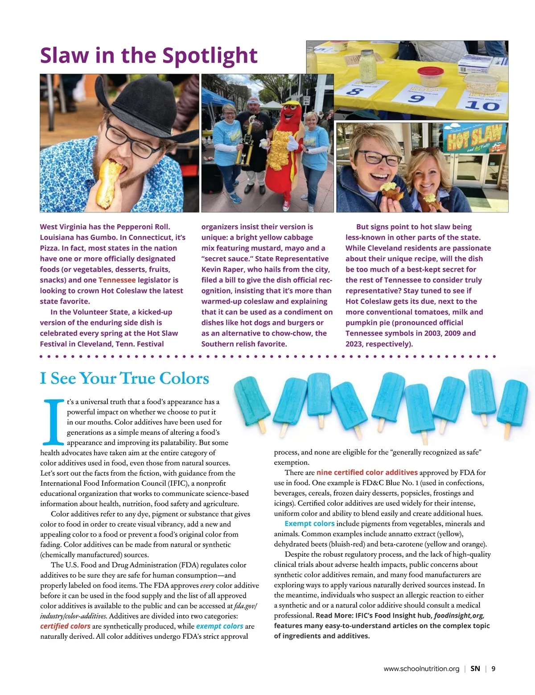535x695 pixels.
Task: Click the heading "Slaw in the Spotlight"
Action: (x=148, y=56)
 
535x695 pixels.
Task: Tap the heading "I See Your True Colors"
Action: (x=124, y=378)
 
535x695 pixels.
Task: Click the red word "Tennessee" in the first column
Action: (x=117, y=280)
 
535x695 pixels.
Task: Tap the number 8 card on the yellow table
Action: (x=355, y=92)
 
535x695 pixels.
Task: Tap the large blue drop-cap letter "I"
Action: (x=53, y=422)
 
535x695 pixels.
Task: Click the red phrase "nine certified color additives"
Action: (x=367, y=472)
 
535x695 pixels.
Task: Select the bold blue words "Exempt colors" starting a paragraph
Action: (x=309, y=524)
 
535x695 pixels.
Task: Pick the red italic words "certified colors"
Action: (x=65, y=626)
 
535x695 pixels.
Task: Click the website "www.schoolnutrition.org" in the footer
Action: (x=421, y=669)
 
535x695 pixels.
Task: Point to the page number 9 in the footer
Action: (x=494, y=669)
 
